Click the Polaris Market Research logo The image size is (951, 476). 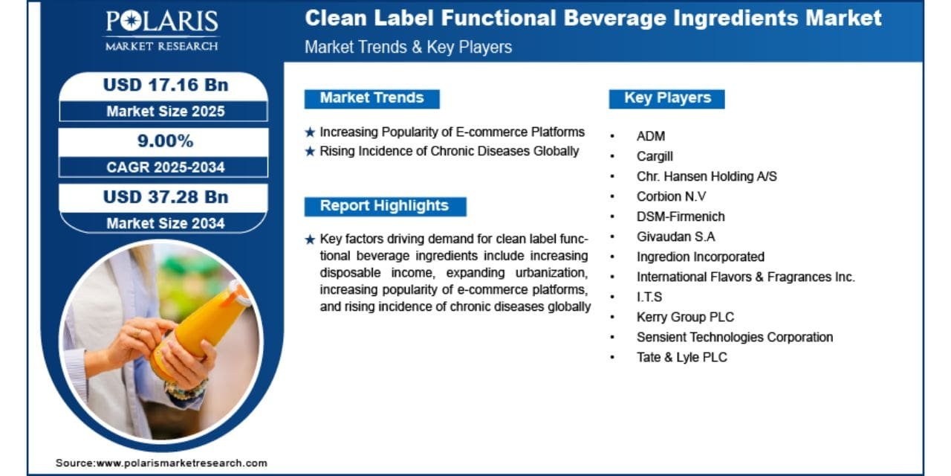pos(162,30)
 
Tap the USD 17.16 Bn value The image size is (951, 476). pos(166,85)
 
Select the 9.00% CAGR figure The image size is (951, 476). pos(165,141)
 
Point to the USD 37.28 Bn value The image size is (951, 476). pos(166,197)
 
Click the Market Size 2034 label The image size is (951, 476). pos(166,223)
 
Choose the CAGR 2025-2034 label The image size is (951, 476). pos(166,167)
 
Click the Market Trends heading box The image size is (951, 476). pos(372,99)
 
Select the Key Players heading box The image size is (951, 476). pos(667,99)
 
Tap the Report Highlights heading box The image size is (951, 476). pos(385,207)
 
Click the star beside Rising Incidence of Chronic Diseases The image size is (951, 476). pos(311,151)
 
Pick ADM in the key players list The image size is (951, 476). pos(651,136)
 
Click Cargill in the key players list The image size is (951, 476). pos(655,156)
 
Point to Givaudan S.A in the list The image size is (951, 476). pos(676,237)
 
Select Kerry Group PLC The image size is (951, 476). pos(685,317)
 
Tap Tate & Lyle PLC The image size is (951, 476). pos(682,358)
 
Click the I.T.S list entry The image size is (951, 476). pos(649,297)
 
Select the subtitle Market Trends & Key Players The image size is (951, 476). pos(409,47)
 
